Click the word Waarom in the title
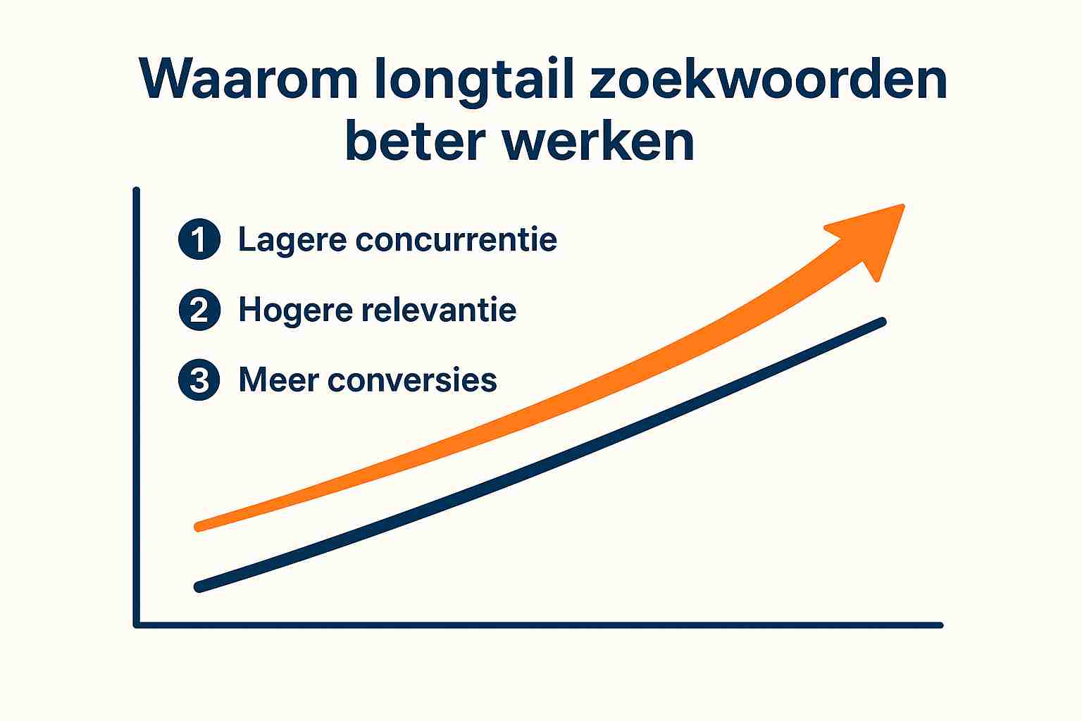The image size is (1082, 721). click(248, 78)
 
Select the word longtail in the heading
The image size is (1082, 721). click(474, 81)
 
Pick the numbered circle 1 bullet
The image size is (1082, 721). click(199, 239)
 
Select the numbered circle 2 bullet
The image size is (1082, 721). click(199, 310)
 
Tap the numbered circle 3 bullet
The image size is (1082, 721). click(199, 380)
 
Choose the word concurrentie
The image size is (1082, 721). click(456, 239)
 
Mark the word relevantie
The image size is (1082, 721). click(439, 310)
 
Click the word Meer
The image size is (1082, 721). click(279, 380)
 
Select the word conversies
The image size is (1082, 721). click(412, 380)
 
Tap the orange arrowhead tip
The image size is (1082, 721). click(902, 206)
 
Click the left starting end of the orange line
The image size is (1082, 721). click(199, 527)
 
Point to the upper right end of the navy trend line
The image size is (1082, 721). click(882, 322)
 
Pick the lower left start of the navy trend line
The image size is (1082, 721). click(199, 587)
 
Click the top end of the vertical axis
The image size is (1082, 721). click(136, 190)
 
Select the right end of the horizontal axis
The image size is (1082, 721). click(940, 625)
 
